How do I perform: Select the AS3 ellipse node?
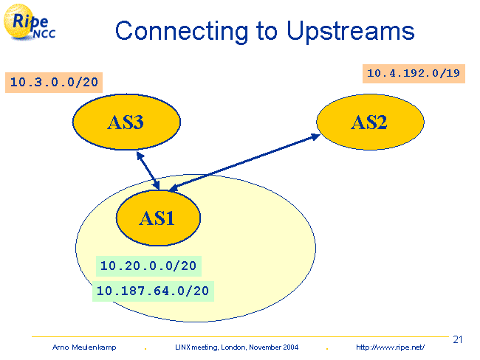click(126, 122)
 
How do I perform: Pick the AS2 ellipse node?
click(369, 122)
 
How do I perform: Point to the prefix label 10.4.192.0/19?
click(414, 73)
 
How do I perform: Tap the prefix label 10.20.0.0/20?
click(148, 266)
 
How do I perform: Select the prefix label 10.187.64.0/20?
click(154, 291)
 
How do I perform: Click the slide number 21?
click(457, 339)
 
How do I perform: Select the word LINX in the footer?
click(182, 347)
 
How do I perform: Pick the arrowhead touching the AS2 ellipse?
click(315, 136)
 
